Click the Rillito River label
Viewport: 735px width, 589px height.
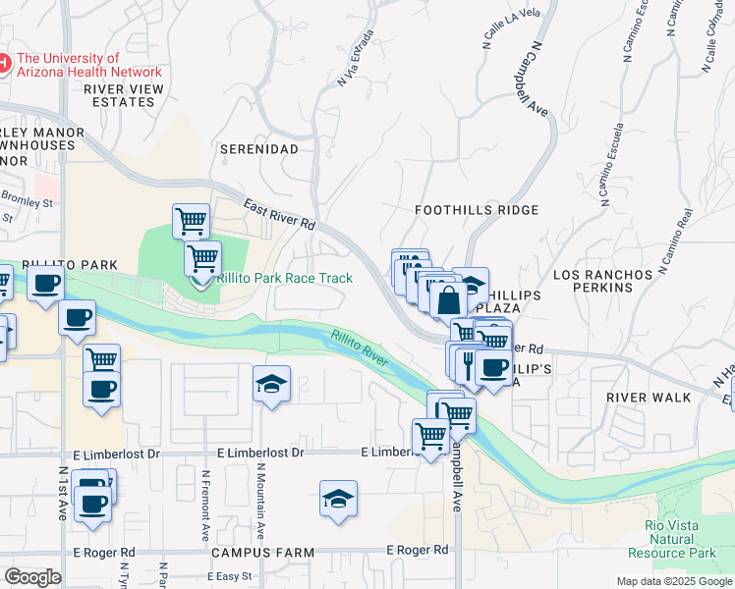pyautogui.click(x=360, y=349)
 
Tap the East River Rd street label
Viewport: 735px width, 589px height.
pyautogui.click(x=279, y=216)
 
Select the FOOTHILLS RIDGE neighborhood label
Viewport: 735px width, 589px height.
pyautogui.click(x=477, y=210)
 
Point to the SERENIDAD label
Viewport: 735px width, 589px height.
pyautogui.click(x=258, y=149)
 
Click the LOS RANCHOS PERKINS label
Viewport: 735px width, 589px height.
pyautogui.click(x=603, y=281)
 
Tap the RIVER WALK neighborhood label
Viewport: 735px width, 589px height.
pyautogui.click(x=649, y=397)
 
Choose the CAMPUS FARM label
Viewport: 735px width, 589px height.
pyautogui.click(x=262, y=553)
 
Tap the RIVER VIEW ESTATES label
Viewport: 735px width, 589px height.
pyautogui.click(x=124, y=95)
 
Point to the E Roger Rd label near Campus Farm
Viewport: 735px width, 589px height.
pyautogui.click(x=418, y=550)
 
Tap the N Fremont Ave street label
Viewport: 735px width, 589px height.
pyautogui.click(x=206, y=505)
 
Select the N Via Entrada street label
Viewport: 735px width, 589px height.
pyautogui.click(x=356, y=58)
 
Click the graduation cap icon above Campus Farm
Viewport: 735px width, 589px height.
pyautogui.click(x=338, y=499)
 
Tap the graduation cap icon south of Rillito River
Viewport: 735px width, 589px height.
pyautogui.click(x=271, y=383)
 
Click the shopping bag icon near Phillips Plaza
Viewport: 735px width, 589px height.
pyautogui.click(x=448, y=298)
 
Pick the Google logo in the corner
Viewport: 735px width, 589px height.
pyautogui.click(x=33, y=577)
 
